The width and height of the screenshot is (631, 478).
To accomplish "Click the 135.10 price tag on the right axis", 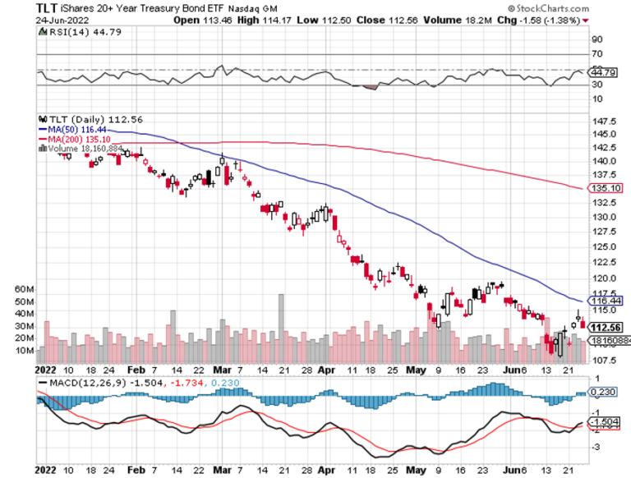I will (x=604, y=188).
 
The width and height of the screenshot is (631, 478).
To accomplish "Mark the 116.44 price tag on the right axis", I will (x=604, y=301).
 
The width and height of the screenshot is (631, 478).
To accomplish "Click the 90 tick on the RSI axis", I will (x=597, y=39).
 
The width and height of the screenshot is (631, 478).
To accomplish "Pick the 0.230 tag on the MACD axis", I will (x=604, y=393).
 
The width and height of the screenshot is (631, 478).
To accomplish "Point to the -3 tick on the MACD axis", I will (x=596, y=447).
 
